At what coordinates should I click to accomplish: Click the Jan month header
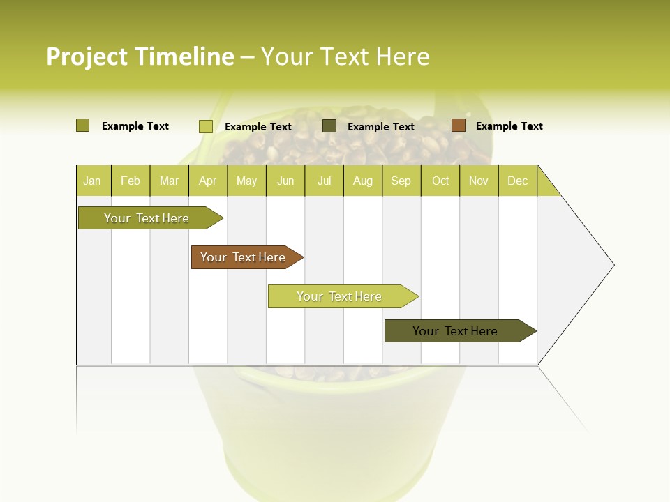(x=93, y=181)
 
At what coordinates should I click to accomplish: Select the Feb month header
(x=131, y=181)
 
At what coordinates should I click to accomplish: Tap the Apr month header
(x=207, y=181)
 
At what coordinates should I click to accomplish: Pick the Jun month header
(x=285, y=181)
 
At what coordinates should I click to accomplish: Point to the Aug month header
(x=362, y=181)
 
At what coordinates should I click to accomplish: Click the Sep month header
(x=401, y=181)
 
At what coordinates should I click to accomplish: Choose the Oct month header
(x=440, y=181)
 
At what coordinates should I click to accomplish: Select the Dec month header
(x=517, y=181)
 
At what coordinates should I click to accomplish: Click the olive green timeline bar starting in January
(x=147, y=218)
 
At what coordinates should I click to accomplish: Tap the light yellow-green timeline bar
(x=340, y=296)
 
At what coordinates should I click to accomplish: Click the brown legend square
(x=458, y=125)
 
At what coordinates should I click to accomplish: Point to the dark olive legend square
(x=329, y=126)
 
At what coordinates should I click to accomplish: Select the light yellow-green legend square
(x=206, y=126)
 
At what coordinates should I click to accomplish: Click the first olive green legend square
(x=83, y=125)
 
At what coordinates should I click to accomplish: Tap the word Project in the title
(x=86, y=56)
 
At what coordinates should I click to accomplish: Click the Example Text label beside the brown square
(x=509, y=126)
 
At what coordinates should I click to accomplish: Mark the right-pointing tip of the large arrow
(x=613, y=265)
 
